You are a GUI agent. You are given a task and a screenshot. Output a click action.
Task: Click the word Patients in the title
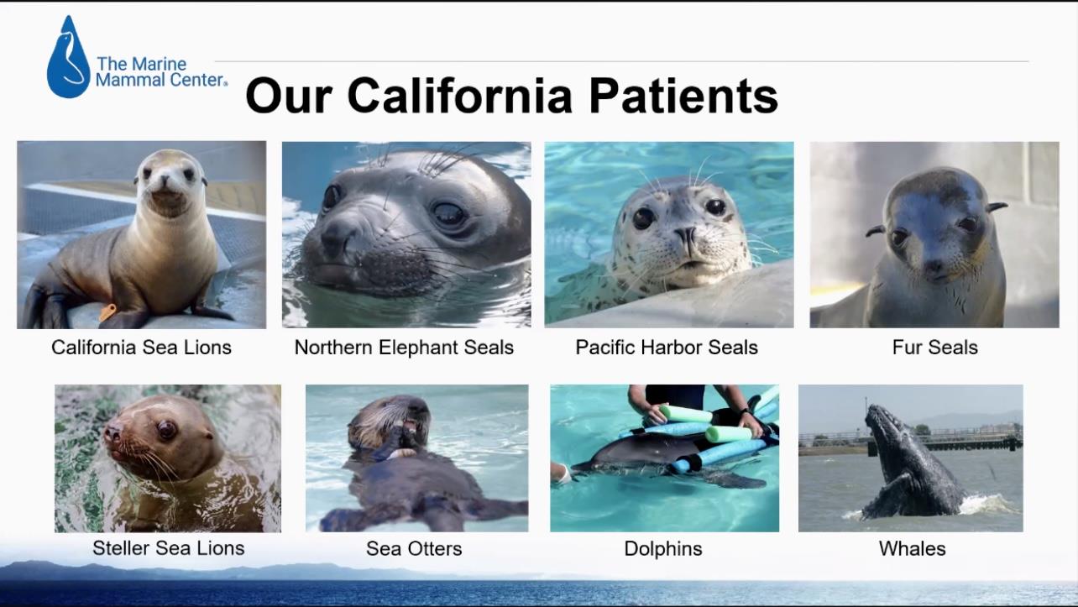[x=683, y=96]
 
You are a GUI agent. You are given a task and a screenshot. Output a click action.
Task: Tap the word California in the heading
[x=459, y=96]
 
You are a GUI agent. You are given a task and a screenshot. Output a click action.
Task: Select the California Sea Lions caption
[x=141, y=347]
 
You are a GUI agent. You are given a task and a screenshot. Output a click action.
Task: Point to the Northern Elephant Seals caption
[x=404, y=347]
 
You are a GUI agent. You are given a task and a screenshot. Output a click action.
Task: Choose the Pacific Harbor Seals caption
[x=667, y=347]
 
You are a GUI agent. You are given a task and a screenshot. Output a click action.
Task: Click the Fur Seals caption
[x=934, y=347]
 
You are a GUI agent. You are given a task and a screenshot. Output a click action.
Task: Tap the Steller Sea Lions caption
[x=169, y=547]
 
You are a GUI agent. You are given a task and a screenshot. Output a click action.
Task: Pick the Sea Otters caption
[x=414, y=548]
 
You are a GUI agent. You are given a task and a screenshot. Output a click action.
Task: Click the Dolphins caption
[x=663, y=548]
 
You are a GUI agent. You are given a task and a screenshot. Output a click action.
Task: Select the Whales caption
[x=912, y=548]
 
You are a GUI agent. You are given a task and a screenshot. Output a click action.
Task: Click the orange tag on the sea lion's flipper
[x=107, y=312]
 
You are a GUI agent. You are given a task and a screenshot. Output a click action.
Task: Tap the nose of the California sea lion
[x=165, y=181]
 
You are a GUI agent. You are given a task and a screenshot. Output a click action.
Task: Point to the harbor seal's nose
[x=685, y=234]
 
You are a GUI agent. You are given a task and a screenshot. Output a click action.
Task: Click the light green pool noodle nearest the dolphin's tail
[x=728, y=434]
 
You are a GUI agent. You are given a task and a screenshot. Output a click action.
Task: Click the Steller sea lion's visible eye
[x=166, y=428]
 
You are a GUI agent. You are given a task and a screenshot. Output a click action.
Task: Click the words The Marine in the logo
[x=142, y=64]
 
